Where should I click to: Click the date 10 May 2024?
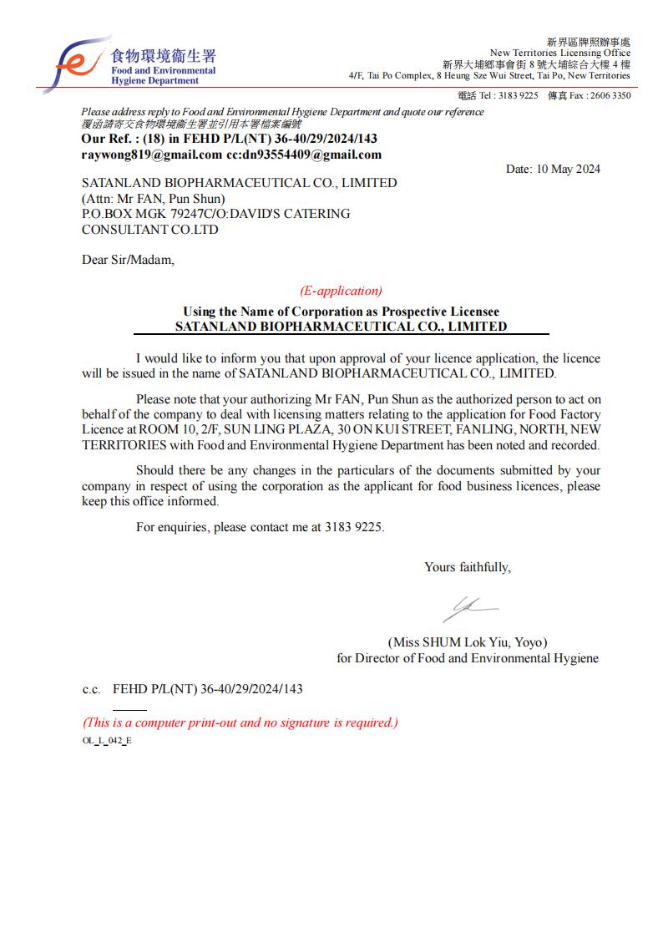click(x=553, y=169)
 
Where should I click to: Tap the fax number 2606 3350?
click(x=610, y=95)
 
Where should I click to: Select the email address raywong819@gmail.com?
click(x=151, y=155)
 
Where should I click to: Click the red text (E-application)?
click(x=341, y=291)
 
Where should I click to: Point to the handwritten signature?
click(x=469, y=608)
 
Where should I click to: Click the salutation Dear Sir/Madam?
click(x=129, y=260)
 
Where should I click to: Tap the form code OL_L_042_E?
click(x=107, y=741)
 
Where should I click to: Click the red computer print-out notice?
click(x=240, y=723)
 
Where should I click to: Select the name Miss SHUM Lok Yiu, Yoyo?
click(x=468, y=642)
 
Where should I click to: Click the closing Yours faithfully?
click(x=468, y=567)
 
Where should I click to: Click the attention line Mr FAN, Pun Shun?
click(x=153, y=199)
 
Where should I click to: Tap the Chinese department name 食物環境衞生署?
click(x=163, y=56)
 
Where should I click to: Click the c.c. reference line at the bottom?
click(x=192, y=689)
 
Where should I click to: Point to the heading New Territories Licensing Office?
click(x=559, y=53)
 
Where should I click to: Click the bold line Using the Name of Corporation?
click(x=341, y=312)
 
